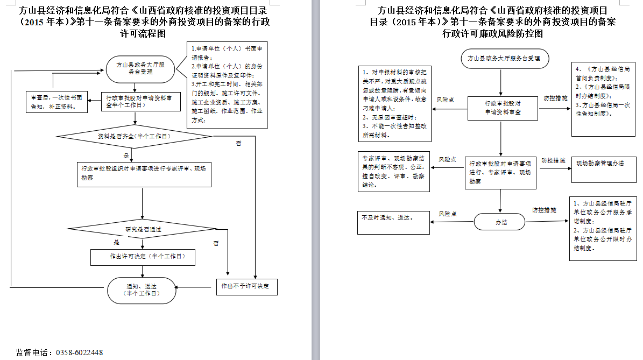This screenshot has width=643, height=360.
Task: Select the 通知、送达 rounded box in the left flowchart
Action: [x=142, y=290]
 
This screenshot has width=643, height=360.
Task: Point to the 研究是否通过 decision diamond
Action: [x=144, y=229]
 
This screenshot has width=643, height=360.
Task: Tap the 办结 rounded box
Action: [x=500, y=222]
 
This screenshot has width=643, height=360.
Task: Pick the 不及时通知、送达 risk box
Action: [x=394, y=222]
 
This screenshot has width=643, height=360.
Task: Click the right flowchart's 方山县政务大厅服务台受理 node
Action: [x=504, y=58]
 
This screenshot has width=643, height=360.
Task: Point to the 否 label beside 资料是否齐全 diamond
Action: [x=238, y=144]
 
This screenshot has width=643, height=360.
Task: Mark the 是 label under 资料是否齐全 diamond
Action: [x=126, y=156]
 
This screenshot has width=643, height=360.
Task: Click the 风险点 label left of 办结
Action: [x=448, y=214]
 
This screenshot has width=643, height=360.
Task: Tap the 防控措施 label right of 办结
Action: [x=544, y=210]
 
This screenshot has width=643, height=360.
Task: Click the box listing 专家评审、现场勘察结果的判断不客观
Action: [x=394, y=172]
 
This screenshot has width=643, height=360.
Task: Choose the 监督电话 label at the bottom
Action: [x=34, y=353]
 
